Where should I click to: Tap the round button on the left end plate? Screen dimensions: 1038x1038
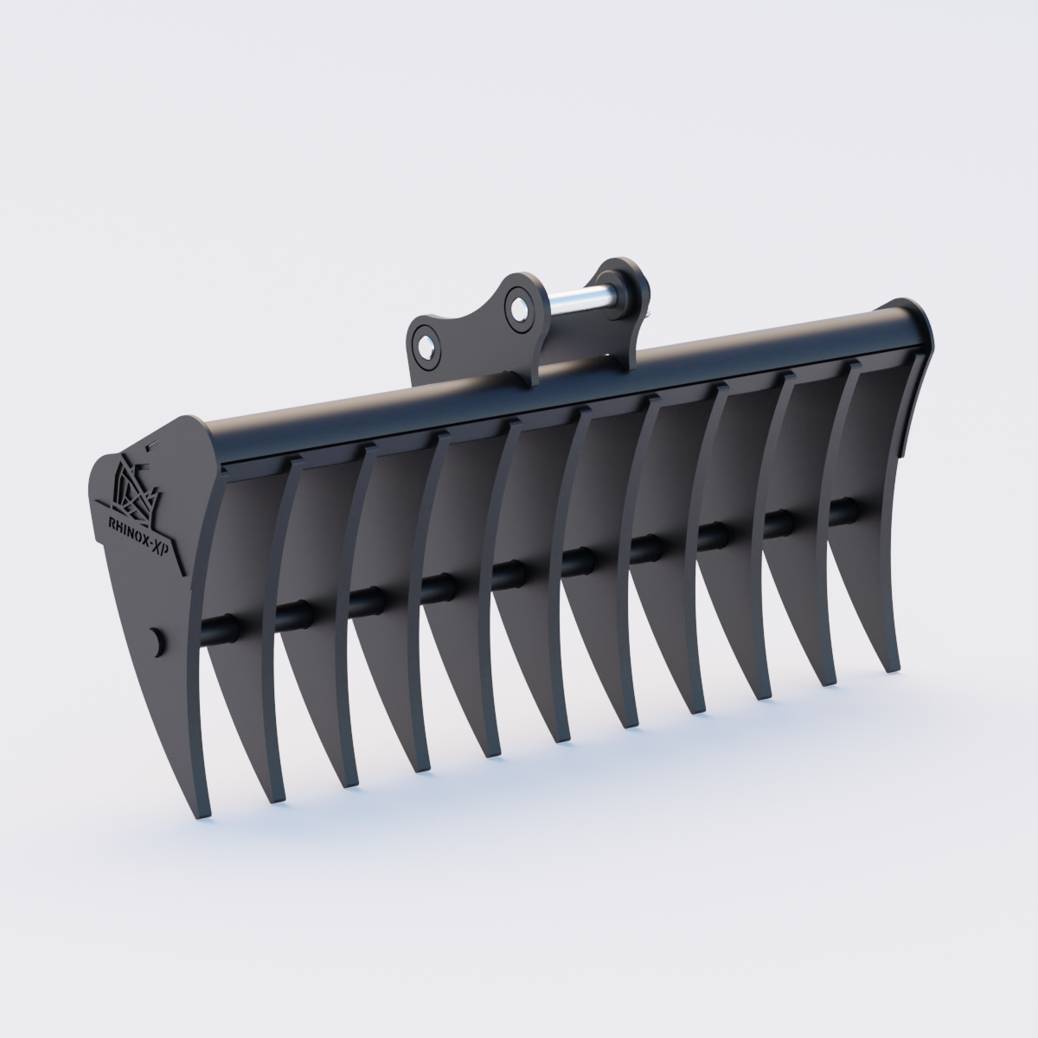[x=157, y=641]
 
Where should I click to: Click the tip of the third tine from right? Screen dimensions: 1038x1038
[x=764, y=697]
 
